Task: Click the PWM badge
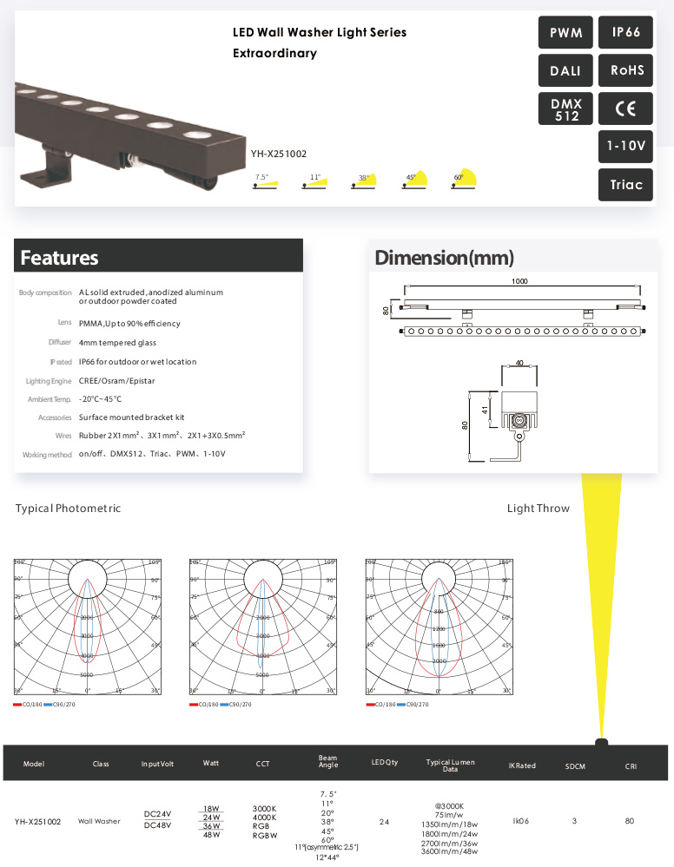tap(565, 33)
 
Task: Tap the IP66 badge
tap(625, 33)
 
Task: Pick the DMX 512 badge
tap(565, 109)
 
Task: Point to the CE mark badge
tap(625, 109)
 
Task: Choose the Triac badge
tap(625, 185)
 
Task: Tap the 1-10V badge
tap(625, 148)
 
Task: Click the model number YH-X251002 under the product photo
tap(279, 154)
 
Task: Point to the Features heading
tap(59, 258)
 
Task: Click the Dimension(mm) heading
tap(444, 258)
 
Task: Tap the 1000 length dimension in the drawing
tap(520, 282)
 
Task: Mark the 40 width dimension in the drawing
tap(519, 362)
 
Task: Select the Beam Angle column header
tap(328, 762)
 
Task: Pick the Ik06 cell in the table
tap(521, 820)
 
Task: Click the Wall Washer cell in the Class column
tap(99, 820)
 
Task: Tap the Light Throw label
tap(539, 509)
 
